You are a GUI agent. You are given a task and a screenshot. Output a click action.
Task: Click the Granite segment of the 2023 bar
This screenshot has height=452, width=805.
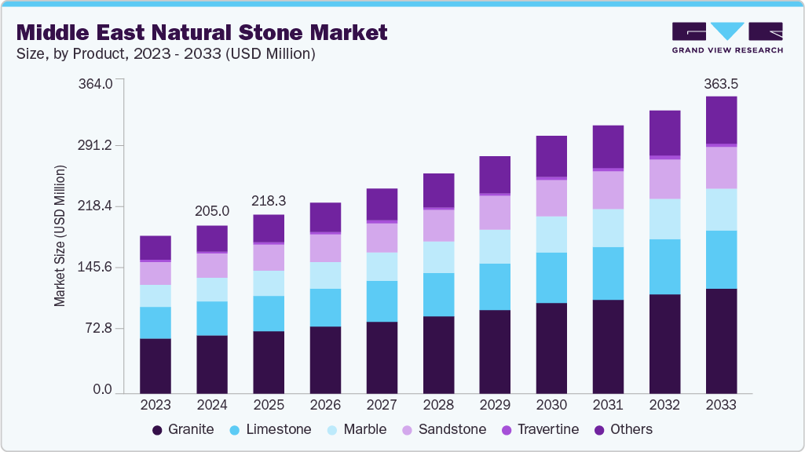click(x=156, y=366)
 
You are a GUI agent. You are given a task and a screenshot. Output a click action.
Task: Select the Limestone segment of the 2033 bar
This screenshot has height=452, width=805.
click(x=721, y=260)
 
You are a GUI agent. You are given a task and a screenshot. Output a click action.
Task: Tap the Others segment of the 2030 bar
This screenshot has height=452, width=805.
click(x=551, y=156)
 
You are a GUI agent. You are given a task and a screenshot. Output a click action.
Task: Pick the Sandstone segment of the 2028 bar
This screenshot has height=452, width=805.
click(x=438, y=225)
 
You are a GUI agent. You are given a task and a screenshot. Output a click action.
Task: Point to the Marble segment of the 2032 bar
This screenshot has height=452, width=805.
click(x=664, y=219)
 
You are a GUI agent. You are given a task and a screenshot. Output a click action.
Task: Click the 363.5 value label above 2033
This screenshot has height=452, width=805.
click(x=721, y=83)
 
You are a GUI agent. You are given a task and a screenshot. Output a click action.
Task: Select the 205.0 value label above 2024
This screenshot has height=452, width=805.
click(x=212, y=211)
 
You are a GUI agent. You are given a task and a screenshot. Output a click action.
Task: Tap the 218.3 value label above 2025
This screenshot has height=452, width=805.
click(x=269, y=201)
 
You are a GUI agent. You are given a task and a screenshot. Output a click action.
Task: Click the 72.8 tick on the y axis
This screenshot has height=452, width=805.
click(x=101, y=328)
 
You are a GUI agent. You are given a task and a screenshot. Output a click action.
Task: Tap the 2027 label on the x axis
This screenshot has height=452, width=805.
click(x=382, y=405)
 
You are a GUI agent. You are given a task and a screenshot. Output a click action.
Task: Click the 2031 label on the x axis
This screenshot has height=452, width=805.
click(x=608, y=405)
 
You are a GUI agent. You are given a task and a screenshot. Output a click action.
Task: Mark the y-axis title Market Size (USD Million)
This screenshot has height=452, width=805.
click(x=60, y=236)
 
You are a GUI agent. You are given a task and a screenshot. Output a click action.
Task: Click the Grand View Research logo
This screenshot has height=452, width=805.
click(x=726, y=37)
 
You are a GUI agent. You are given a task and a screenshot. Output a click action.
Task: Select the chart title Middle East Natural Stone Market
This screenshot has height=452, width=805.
click(x=202, y=32)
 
